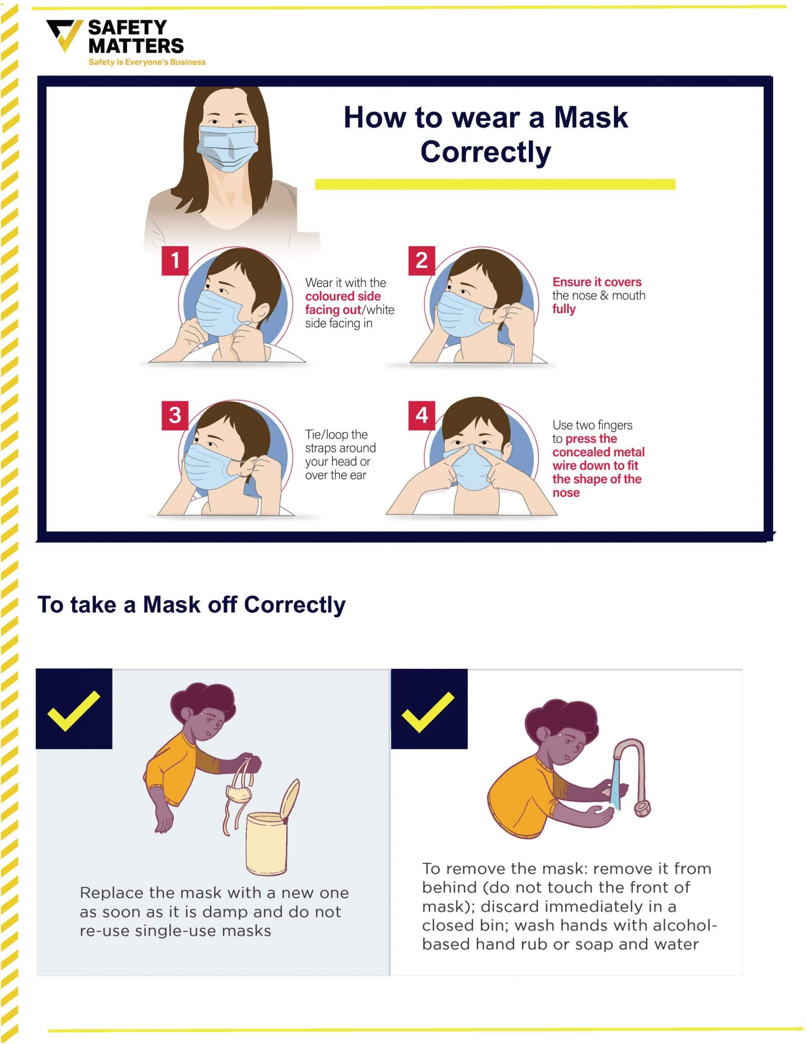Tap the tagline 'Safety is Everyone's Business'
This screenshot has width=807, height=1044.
147,62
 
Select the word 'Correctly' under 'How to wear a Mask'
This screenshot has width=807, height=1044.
486,152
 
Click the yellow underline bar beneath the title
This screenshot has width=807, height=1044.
494,184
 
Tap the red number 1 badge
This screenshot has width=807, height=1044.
175,261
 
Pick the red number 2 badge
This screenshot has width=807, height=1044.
421,261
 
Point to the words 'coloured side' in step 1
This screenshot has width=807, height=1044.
343,296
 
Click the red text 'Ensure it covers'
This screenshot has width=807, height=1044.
596,282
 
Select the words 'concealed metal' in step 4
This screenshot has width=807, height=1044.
599,452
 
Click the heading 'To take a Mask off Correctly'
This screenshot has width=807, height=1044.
191,605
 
